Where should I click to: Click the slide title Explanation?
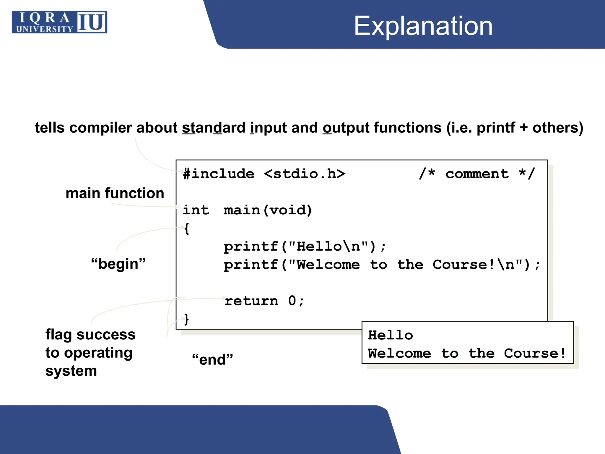pos(423,26)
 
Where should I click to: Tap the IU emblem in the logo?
pos(92,22)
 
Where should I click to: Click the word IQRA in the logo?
pos(44,18)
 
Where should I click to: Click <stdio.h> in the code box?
pos(304,174)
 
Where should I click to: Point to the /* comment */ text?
pos(477,174)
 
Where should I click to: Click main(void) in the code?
pos(268,210)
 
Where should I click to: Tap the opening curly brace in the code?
pos(186,228)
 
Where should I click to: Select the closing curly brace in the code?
pos(186,319)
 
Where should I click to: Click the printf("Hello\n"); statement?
pos(304,247)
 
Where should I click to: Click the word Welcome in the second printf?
pos(328,265)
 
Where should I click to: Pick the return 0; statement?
pos(264,301)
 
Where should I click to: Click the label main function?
pos(115,193)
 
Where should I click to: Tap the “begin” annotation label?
pos(118,264)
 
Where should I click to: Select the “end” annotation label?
pos(212,360)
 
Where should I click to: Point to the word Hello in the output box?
pos(390,335)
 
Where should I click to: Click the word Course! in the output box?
pos(535,354)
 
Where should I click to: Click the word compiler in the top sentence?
pos(101,128)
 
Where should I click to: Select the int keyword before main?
pos(196,210)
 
